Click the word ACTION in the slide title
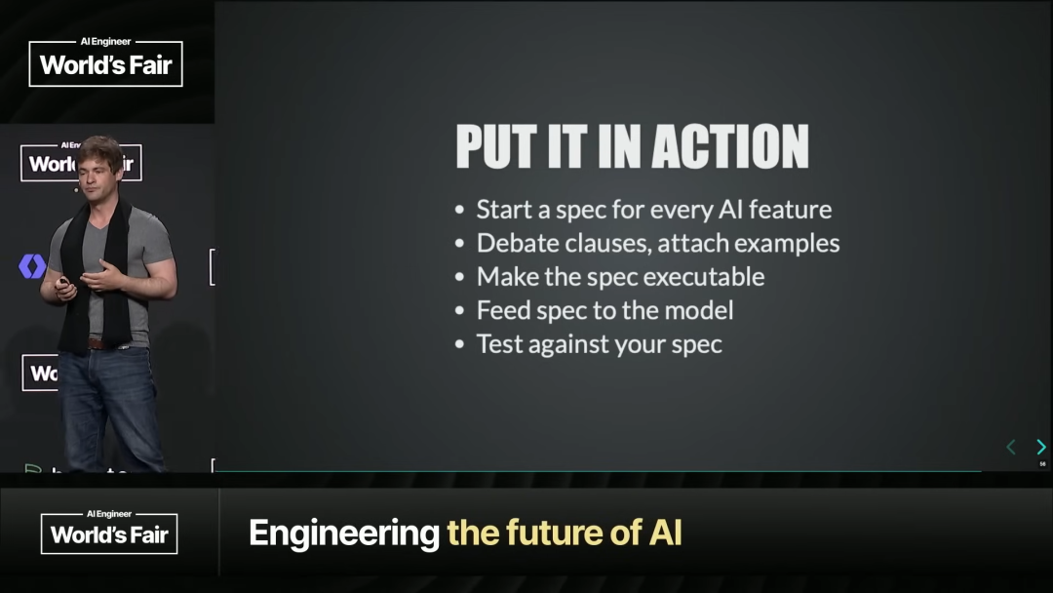[x=730, y=145]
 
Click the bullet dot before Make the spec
[x=460, y=277]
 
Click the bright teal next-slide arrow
[x=1041, y=447]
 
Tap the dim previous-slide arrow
[x=1011, y=447]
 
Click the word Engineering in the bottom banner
[x=344, y=534]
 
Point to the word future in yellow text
[x=556, y=533]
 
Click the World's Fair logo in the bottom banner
[x=109, y=533]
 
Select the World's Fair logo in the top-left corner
[x=105, y=62]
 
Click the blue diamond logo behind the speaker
[x=32, y=266]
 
